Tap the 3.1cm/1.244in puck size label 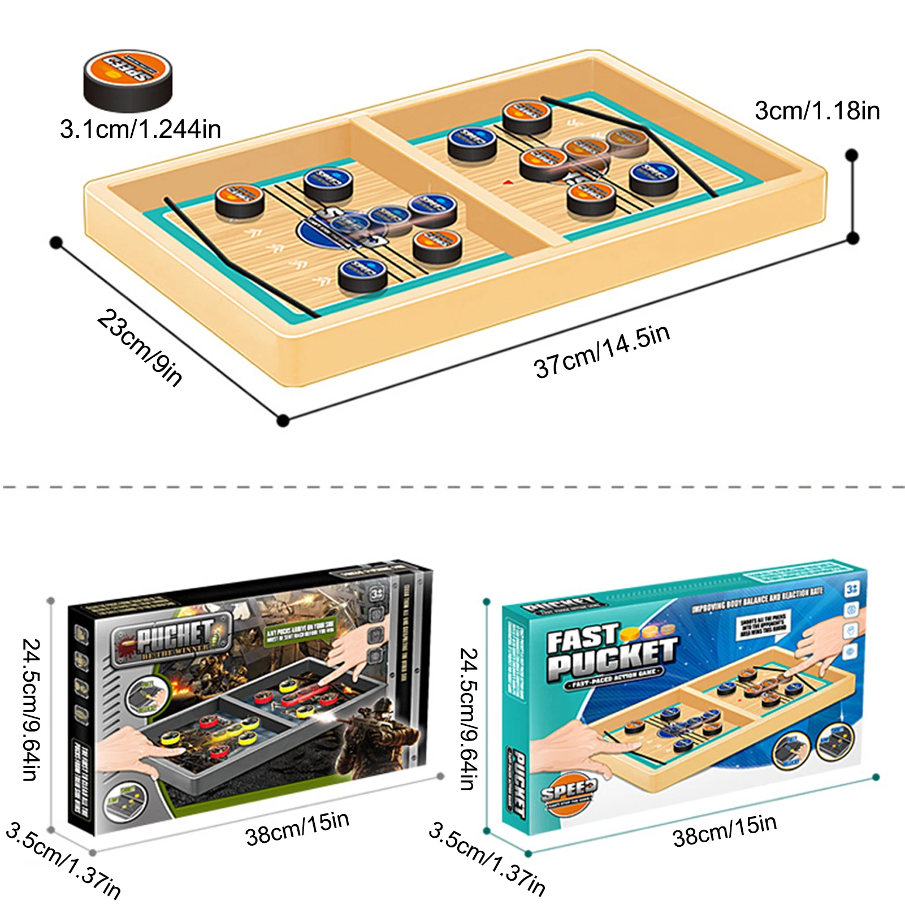[140, 129]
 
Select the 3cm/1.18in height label [817, 111]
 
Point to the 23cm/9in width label [140, 347]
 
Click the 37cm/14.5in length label [602, 351]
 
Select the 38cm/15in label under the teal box [725, 829]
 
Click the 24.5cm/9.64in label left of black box [32, 709]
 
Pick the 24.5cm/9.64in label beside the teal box [469, 718]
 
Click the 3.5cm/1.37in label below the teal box [487, 859]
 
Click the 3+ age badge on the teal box [852, 588]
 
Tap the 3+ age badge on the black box [376, 594]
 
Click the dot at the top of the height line [852, 155]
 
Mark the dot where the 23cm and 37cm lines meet [283, 420]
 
